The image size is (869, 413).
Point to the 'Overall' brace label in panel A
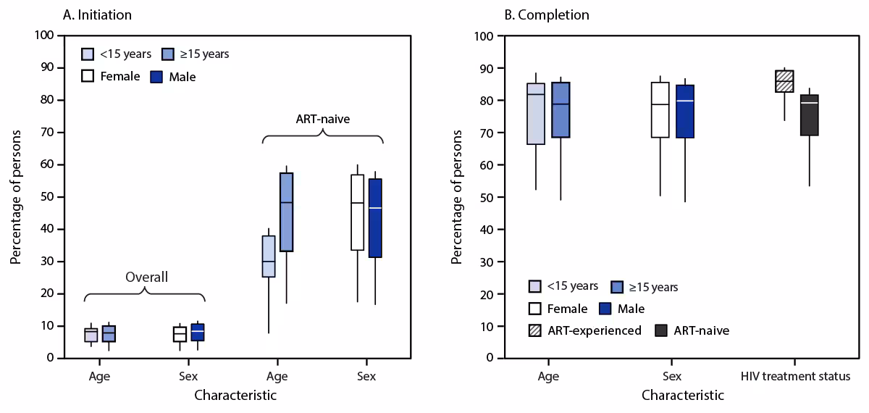coord(146,277)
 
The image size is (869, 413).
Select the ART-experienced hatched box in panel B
coord(784,81)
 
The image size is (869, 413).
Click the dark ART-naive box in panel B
coord(809,115)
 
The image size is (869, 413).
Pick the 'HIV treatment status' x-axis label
coord(796,377)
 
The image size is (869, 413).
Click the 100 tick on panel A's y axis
coord(47,36)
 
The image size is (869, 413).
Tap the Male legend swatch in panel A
coord(156,76)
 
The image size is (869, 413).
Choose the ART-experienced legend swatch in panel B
coord(537,330)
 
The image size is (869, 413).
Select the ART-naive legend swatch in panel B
coord(660,330)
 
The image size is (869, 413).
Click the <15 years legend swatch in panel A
coord(88,54)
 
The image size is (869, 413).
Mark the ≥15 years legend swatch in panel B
coord(618,288)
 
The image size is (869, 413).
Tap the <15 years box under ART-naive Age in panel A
coord(269,256)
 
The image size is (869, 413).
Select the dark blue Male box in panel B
coord(685,112)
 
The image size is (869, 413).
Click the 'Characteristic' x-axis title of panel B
coord(682,396)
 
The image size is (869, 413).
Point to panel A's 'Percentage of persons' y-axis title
coord(16,196)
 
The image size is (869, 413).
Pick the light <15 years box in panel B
coord(536,114)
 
